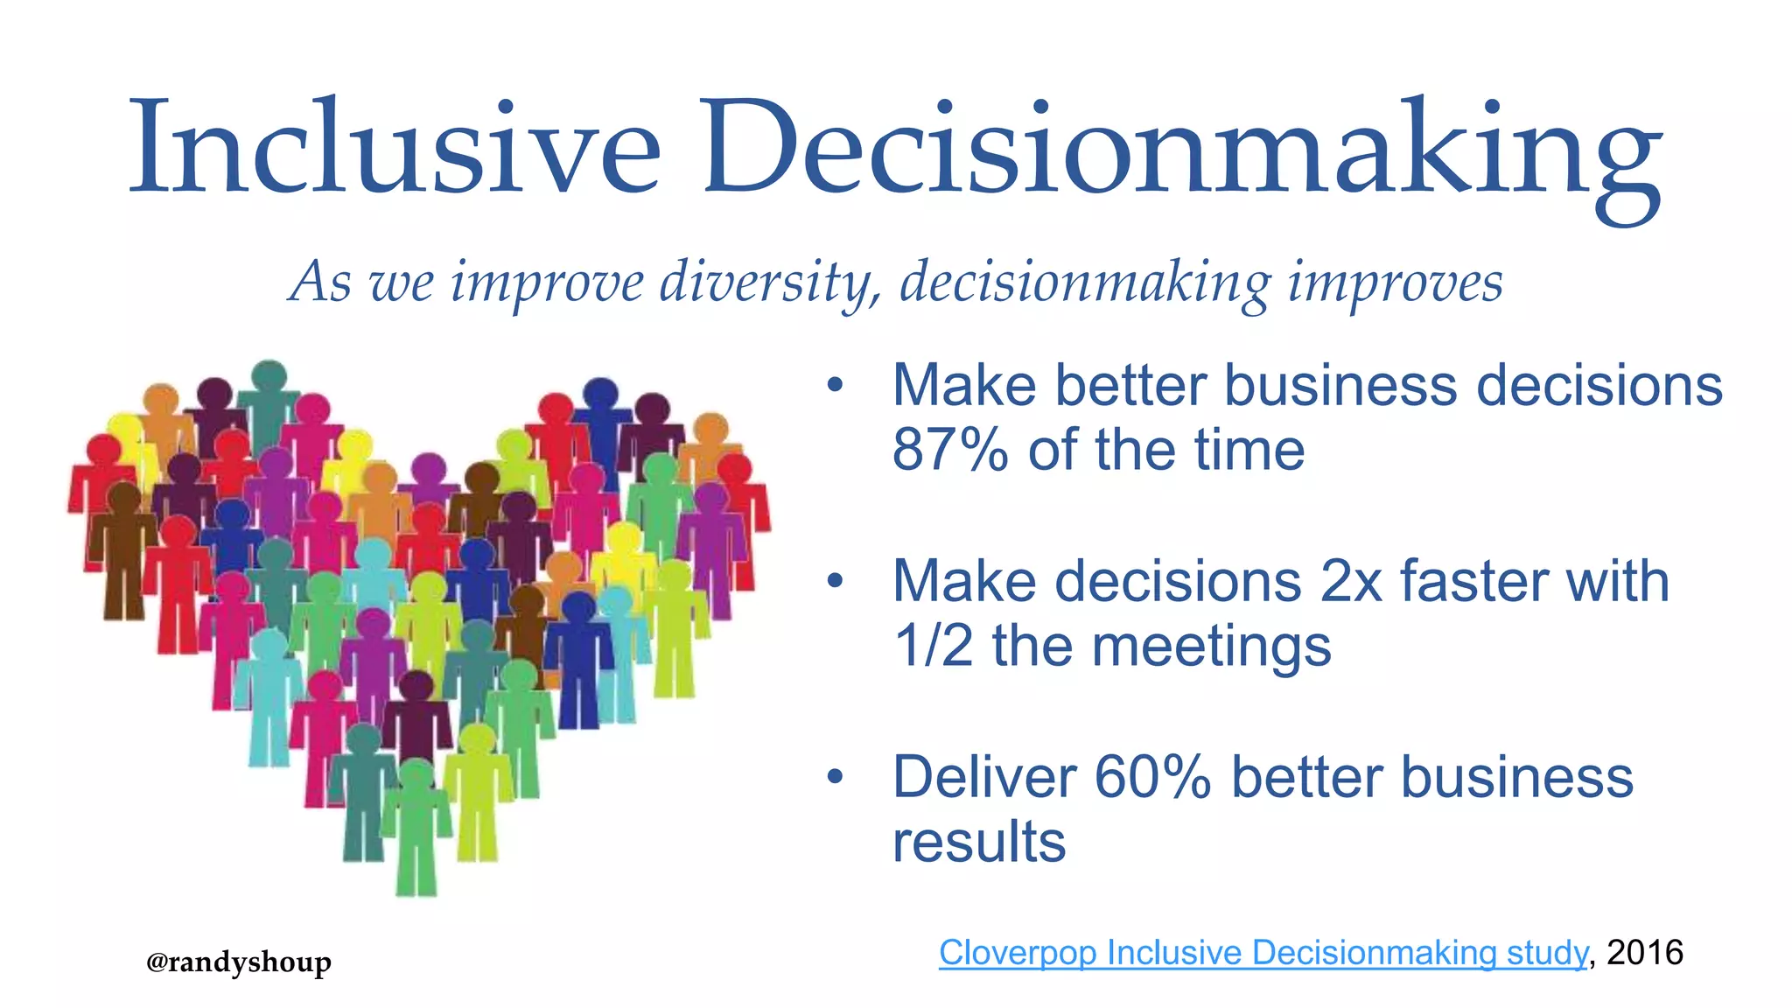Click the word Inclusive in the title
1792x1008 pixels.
click(394, 149)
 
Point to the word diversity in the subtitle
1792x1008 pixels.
click(770, 283)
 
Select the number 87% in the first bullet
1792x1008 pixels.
click(950, 450)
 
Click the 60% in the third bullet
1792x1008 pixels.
click(1151, 777)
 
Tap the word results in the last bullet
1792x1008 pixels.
click(979, 842)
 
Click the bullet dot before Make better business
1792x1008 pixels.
click(836, 385)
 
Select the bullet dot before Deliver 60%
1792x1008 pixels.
click(836, 777)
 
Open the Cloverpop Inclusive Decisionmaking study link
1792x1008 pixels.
click(1262, 952)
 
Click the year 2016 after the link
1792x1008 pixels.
click(1645, 952)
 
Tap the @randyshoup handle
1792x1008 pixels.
click(238, 962)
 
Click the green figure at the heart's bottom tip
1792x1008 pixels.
click(416, 827)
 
